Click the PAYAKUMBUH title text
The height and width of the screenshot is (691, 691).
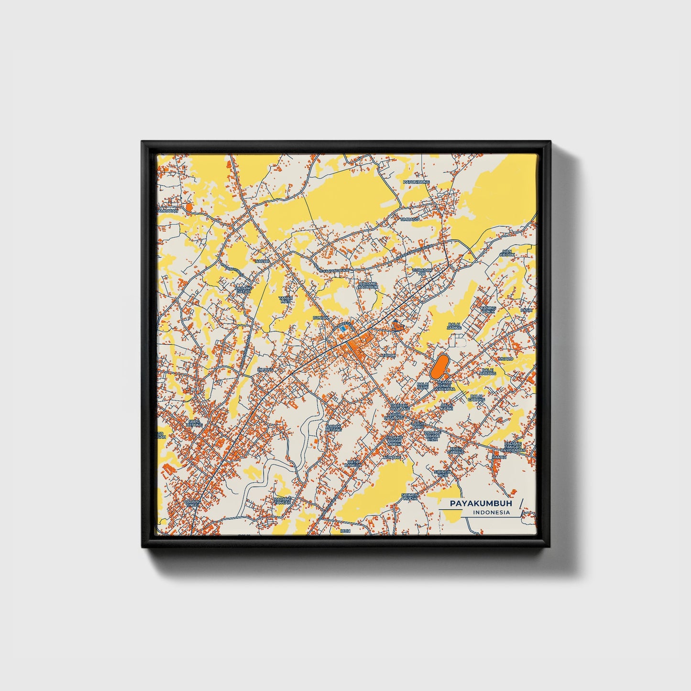click(x=480, y=504)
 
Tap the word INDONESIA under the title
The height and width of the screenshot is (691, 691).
click(x=491, y=513)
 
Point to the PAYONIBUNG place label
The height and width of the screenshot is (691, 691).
click(x=417, y=182)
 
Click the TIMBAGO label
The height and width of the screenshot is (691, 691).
click(x=410, y=219)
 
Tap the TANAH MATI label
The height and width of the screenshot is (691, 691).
click(x=285, y=300)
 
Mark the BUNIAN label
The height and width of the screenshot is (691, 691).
click(x=320, y=318)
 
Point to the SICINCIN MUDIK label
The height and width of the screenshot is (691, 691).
click(x=410, y=497)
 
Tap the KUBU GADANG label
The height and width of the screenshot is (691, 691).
click(x=456, y=450)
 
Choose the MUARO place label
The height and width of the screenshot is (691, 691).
click(x=505, y=359)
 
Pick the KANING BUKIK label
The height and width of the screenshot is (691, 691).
click(x=488, y=310)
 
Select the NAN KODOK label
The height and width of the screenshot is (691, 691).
click(x=507, y=253)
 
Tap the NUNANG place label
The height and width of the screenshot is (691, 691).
click(x=391, y=458)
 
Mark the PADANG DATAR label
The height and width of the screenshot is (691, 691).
click(x=243, y=289)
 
